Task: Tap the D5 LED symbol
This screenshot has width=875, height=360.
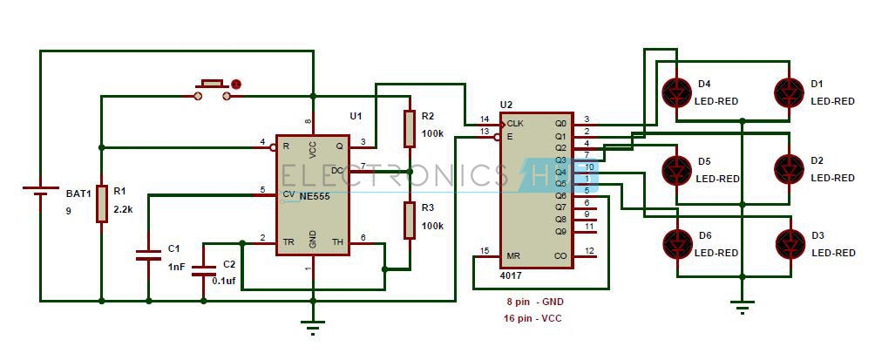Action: click(x=675, y=167)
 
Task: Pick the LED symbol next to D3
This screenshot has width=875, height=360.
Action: click(x=789, y=242)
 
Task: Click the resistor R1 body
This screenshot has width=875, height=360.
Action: click(x=102, y=204)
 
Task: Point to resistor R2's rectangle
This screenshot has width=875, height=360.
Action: click(x=408, y=129)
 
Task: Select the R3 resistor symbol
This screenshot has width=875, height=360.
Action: click(x=408, y=220)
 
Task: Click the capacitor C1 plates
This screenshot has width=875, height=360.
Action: click(x=148, y=255)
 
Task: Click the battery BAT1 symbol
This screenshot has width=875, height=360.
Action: click(x=40, y=192)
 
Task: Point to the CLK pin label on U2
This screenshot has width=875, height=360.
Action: click(x=515, y=123)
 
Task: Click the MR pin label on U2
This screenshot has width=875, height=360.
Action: click(x=513, y=256)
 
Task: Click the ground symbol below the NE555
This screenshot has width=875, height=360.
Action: click(x=313, y=326)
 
